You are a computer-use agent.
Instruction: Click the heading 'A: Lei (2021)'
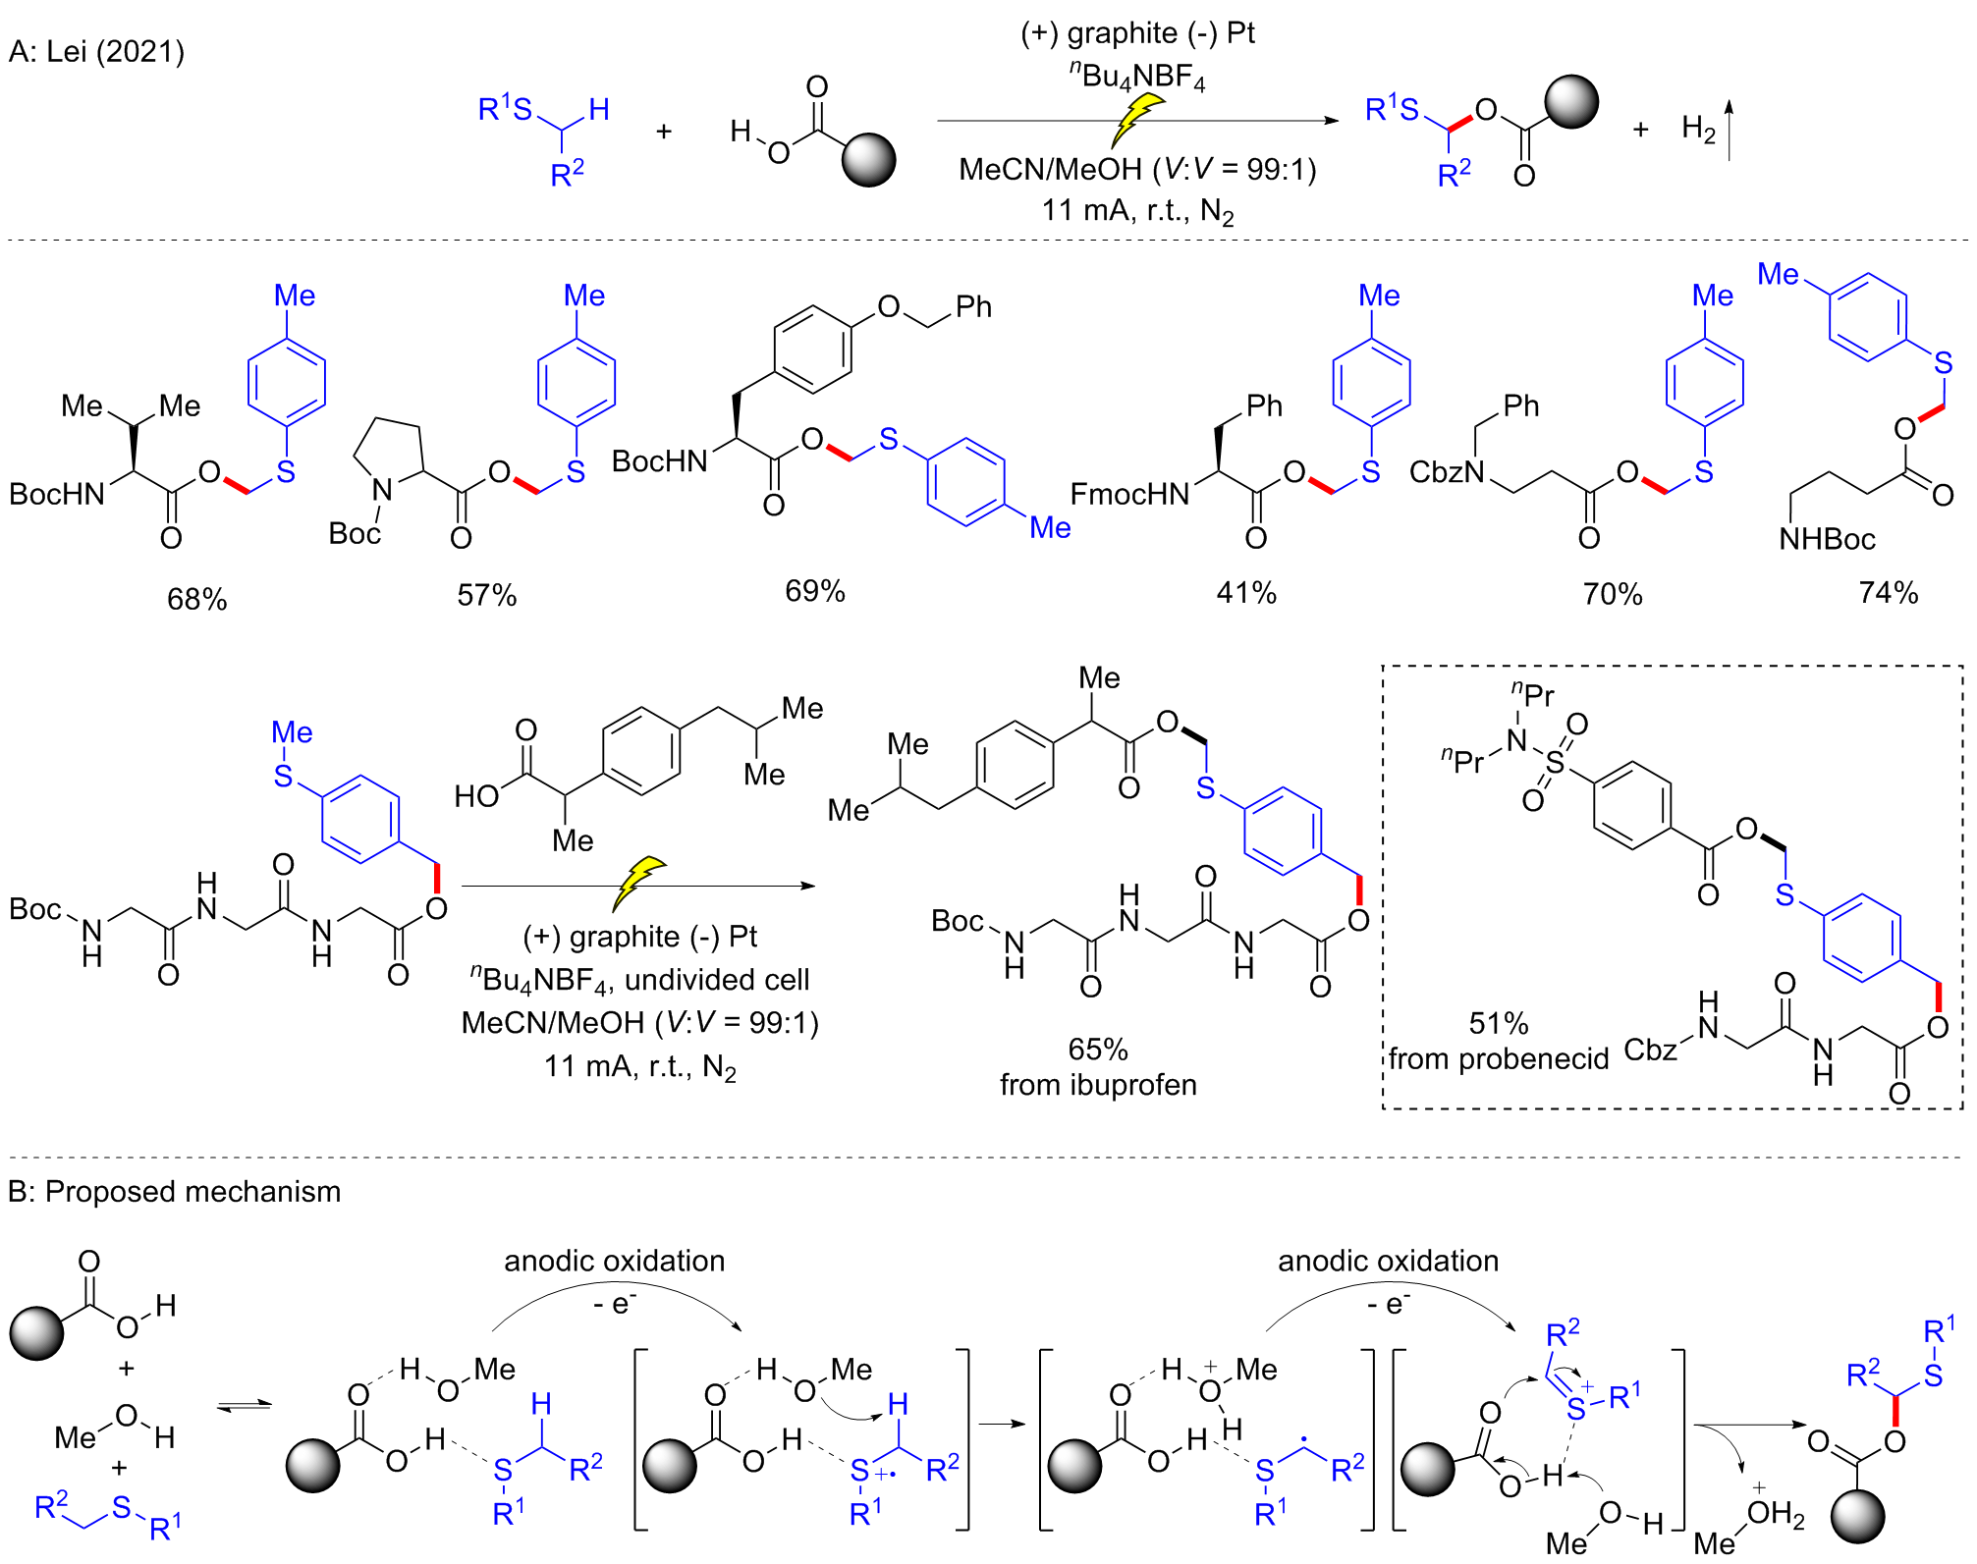click(x=96, y=51)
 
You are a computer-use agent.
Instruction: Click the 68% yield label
click(x=197, y=599)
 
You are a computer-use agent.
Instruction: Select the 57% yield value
click(x=487, y=595)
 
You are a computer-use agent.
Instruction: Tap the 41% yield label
click(x=1246, y=593)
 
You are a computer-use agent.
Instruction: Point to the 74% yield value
click(x=1889, y=593)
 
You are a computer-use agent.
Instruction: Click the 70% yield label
click(x=1613, y=594)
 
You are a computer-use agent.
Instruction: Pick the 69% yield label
click(x=815, y=591)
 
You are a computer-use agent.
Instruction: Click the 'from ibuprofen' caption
click(x=1098, y=1085)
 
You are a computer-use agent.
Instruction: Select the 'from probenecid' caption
click(x=1499, y=1059)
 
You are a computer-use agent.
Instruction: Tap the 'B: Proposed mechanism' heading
click(x=175, y=1192)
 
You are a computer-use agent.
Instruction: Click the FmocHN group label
click(x=1129, y=494)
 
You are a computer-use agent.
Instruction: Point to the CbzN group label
click(x=1448, y=472)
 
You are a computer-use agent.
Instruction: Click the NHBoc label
click(x=1828, y=539)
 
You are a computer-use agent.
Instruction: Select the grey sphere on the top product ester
click(x=1571, y=101)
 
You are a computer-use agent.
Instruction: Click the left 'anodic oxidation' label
click(x=615, y=1261)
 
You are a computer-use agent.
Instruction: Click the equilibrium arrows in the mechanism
click(x=244, y=1407)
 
